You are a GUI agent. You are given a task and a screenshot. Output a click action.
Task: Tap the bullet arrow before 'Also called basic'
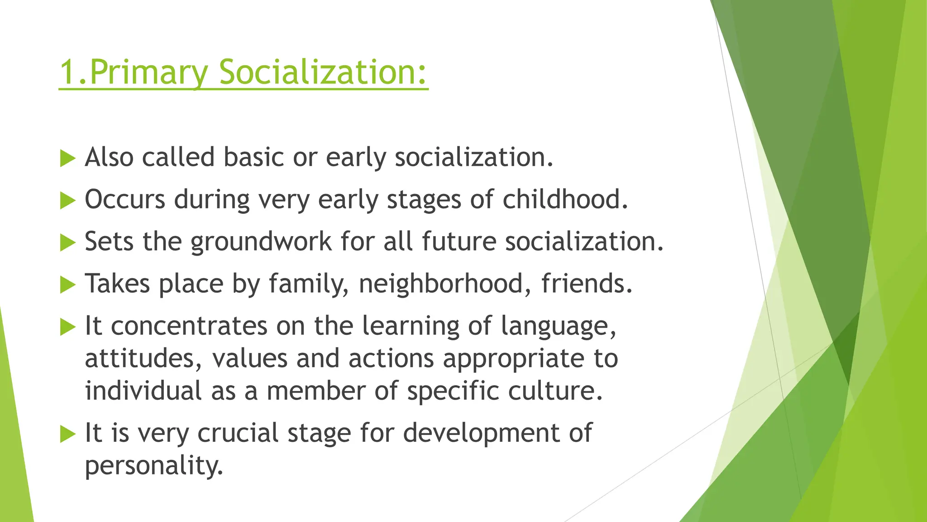pos(67,159)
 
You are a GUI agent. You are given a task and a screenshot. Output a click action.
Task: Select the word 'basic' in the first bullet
pos(253,157)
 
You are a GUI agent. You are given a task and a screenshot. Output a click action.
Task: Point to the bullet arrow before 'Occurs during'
pos(67,201)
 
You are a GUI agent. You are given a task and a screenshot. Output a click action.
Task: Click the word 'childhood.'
pos(565,199)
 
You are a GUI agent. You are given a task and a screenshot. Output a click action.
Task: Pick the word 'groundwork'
pos(261,242)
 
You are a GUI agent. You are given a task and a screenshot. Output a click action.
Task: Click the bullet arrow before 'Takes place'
pos(67,285)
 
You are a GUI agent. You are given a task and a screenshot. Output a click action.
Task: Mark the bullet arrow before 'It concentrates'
pos(67,327)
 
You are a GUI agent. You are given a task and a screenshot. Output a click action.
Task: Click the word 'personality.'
pos(154,466)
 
